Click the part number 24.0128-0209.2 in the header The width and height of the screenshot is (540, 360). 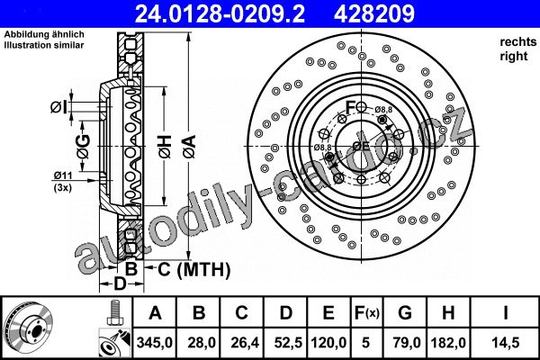pyautogui.click(x=220, y=13)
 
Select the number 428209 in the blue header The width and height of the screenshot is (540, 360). pyautogui.click(x=374, y=13)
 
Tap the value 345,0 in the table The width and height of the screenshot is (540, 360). pyautogui.click(x=155, y=343)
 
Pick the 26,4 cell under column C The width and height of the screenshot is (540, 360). pyautogui.click(x=242, y=343)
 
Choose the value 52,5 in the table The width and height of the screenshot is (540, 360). pyautogui.click(x=285, y=343)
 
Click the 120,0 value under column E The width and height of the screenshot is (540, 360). pyautogui.click(x=328, y=343)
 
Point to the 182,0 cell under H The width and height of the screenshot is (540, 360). pyautogui.click(x=448, y=343)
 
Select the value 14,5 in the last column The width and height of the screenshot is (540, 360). pyautogui.click(x=506, y=343)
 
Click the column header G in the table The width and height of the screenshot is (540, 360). pyautogui.click(x=405, y=313)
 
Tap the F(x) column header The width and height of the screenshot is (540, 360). pyautogui.click(x=367, y=313)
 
